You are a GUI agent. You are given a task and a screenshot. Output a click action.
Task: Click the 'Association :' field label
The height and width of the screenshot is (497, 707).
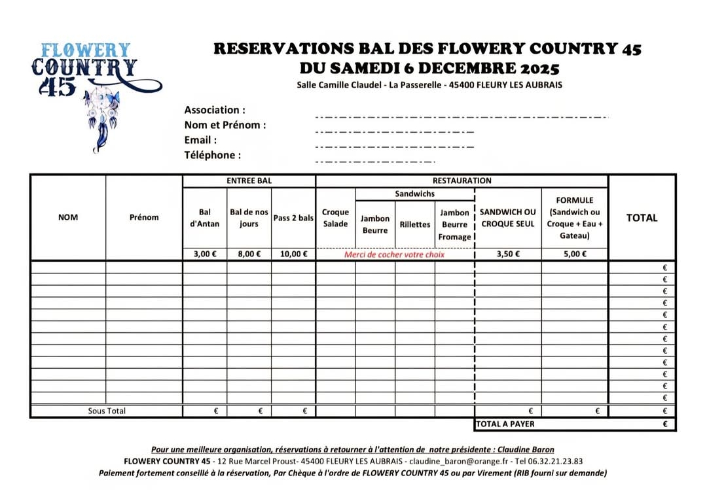[215, 110]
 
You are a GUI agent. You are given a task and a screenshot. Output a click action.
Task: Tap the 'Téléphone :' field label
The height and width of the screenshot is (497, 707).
[213, 155]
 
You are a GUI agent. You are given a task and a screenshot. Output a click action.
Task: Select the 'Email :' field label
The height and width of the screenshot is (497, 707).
[200, 140]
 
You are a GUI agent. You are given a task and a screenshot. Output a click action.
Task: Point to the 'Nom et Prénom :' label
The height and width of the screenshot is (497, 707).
[225, 125]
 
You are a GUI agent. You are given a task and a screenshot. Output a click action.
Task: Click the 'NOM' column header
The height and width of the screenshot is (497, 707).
[68, 217]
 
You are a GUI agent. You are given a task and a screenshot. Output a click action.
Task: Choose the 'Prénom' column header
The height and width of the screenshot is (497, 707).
[144, 217]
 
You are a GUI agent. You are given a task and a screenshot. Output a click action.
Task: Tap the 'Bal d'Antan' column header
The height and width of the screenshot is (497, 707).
[205, 218]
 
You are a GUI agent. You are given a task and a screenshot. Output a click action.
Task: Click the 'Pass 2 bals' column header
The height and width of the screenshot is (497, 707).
[293, 218]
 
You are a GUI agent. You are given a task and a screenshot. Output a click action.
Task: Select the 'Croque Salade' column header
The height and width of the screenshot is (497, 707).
[335, 218]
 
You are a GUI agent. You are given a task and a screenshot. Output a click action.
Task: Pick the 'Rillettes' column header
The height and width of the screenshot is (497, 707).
[415, 224]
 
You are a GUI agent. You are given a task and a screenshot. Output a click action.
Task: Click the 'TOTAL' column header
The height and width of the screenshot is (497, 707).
[642, 218]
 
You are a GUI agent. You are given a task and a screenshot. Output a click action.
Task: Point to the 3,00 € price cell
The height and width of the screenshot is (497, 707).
[205, 254]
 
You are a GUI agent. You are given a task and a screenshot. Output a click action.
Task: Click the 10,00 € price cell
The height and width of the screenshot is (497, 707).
[293, 254]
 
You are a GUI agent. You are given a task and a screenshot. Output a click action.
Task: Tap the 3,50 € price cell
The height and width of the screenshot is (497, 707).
[508, 254]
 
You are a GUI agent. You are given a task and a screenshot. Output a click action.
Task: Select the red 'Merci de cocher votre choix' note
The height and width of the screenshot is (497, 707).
[394, 254]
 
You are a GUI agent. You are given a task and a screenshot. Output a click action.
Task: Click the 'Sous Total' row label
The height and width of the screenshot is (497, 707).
[107, 411]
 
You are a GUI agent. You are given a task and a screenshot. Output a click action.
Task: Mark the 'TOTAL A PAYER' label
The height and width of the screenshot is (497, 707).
[505, 424]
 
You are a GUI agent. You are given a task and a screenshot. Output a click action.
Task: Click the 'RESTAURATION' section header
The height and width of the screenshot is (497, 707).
[462, 180]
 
